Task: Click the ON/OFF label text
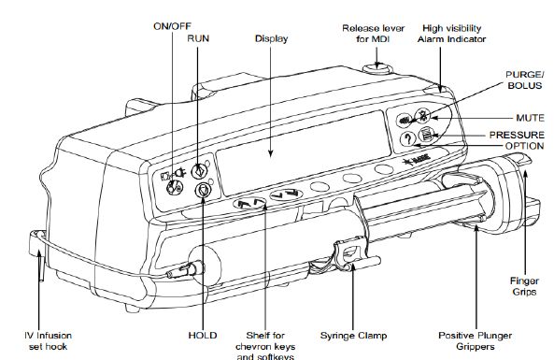173,26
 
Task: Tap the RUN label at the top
198,38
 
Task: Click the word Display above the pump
271,38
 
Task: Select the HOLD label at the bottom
203,336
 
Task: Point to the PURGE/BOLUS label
525,79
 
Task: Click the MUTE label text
530,118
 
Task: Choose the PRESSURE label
517,135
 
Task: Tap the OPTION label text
524,146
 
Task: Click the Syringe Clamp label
353,336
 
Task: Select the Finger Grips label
524,286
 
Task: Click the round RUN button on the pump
199,171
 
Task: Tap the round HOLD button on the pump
203,190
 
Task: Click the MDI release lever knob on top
377,68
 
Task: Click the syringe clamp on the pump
351,252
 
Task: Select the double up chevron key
249,203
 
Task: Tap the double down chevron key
286,194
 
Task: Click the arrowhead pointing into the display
271,153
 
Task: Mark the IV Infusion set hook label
48,341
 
